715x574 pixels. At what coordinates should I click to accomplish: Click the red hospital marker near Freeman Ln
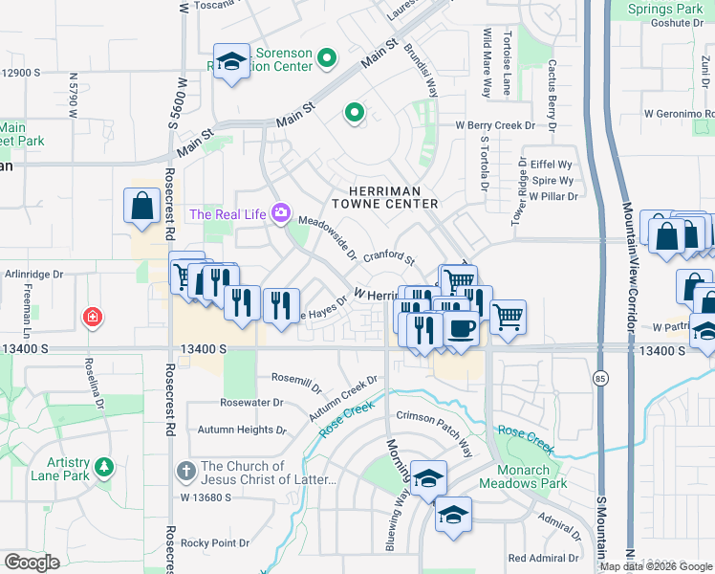tap(92, 316)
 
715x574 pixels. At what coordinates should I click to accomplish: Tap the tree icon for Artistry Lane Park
tap(99, 468)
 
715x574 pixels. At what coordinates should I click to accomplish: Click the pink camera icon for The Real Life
tap(281, 212)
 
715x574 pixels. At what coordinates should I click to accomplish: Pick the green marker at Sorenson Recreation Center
tap(327, 59)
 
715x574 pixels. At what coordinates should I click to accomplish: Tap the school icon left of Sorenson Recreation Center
tap(230, 63)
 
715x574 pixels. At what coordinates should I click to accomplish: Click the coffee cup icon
tap(461, 328)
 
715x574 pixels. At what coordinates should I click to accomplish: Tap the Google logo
tap(32, 563)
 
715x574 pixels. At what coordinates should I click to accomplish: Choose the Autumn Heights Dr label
tap(242, 430)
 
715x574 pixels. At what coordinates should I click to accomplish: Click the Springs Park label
tap(665, 10)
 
